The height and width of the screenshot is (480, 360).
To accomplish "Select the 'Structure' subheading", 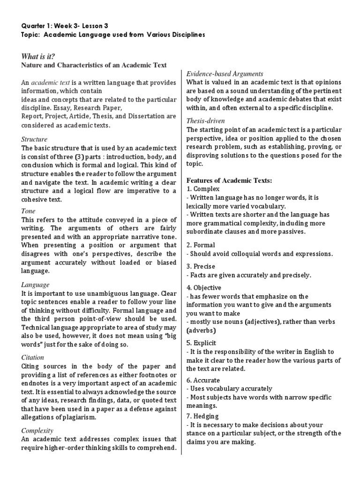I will (x=35, y=139).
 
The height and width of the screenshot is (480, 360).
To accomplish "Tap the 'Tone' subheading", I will (x=29, y=211).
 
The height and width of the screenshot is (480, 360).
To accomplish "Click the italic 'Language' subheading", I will (x=35, y=285).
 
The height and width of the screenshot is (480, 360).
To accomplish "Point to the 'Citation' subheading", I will (x=33, y=357).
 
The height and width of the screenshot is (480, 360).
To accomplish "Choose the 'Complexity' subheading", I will (x=37, y=430).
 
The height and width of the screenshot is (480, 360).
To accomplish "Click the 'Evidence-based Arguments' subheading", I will (x=225, y=74).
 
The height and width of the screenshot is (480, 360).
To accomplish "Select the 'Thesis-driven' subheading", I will (x=207, y=120).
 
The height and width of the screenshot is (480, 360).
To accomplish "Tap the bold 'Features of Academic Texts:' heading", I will (x=229, y=180).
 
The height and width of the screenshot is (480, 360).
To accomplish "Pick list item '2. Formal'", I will (x=201, y=245).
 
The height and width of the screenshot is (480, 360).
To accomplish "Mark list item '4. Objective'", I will (x=204, y=287).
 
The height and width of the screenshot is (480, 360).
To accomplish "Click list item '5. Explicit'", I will (x=202, y=343).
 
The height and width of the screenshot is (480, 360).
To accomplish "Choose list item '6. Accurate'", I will (x=203, y=380).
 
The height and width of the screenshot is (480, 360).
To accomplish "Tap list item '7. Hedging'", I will (x=202, y=416).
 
